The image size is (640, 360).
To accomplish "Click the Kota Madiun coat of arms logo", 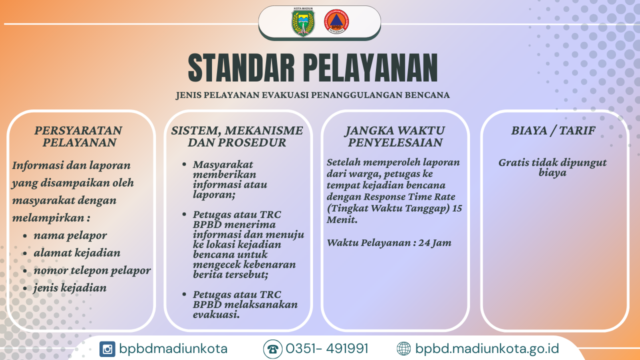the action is [x=303, y=22].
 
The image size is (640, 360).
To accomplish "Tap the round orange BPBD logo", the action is [x=336, y=21].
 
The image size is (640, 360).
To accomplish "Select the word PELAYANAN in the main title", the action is [x=370, y=68].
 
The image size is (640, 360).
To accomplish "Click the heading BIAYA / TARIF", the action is [x=553, y=130].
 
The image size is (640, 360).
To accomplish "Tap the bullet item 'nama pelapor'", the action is [x=70, y=235].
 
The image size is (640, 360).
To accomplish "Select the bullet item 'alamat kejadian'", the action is [x=77, y=253].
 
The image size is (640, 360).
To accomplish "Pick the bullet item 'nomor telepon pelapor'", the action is [x=92, y=270].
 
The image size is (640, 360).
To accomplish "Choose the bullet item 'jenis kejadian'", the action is [x=70, y=287].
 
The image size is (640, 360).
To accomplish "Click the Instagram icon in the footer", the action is [x=107, y=349].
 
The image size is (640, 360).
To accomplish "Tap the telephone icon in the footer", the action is [x=273, y=349].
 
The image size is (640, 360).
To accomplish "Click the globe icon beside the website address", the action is [x=403, y=349].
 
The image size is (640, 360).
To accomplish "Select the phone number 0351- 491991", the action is [x=327, y=348].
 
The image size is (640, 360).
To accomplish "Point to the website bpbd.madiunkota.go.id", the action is [x=487, y=349].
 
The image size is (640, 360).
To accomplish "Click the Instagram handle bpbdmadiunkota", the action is [x=173, y=349].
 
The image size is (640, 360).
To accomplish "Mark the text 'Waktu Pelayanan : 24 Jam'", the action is [x=389, y=243].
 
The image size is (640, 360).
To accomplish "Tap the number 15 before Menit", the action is [x=457, y=208].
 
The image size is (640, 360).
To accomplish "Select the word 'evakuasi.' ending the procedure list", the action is [x=216, y=314].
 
